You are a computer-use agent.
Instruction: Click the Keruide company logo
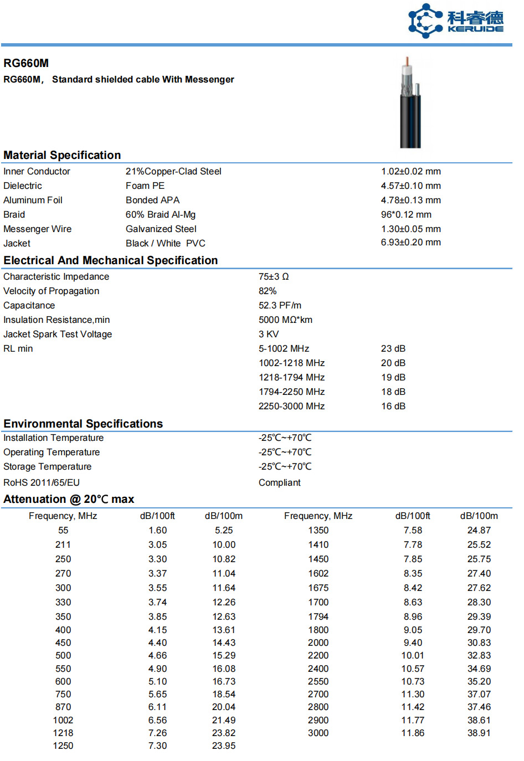455,21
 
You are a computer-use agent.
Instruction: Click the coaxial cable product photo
410,103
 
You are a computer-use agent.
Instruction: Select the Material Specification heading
62,155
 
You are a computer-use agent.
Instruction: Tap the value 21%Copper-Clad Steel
173,172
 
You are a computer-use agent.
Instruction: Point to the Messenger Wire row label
37,229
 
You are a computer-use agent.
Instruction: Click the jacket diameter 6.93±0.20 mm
410,243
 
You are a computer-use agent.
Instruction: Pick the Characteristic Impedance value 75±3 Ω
274,277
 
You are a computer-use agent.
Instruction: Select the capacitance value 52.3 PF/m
280,306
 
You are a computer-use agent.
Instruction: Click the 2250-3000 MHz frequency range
291,407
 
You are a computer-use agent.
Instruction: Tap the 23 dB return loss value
393,349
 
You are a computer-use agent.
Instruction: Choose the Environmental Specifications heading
83,424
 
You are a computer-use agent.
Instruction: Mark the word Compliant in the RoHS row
279,483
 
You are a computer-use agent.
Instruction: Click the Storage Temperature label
47,467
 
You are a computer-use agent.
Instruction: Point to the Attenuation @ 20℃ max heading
69,499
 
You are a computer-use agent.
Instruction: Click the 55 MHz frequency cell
63,531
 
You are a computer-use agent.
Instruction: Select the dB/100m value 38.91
479,733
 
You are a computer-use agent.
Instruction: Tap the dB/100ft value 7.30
157,746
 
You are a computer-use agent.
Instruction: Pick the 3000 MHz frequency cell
318,733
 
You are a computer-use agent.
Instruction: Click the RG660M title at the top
26,63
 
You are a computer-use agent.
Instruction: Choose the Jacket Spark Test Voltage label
58,335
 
